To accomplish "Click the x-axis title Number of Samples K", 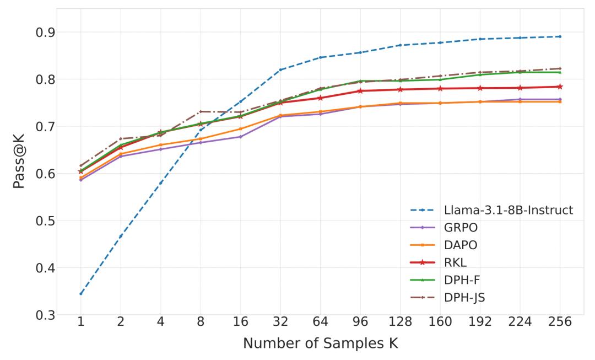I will point(320,343).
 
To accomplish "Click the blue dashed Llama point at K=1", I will point(80,294).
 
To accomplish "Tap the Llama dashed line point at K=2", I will point(121,236).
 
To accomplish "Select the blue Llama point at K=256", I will point(560,37).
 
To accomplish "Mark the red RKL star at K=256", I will point(560,87).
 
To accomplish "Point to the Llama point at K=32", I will point(280,70).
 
